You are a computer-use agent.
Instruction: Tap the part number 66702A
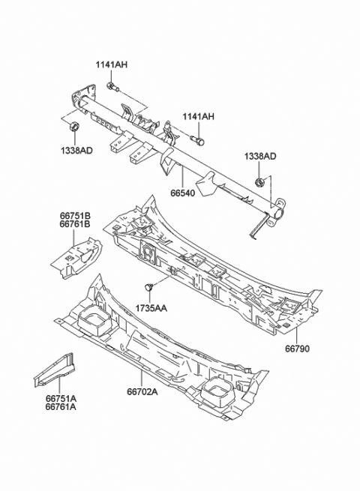tap(141, 391)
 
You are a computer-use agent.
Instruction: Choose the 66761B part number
tap(75, 223)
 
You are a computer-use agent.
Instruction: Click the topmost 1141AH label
tap(111, 65)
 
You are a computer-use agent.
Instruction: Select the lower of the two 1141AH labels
tap(198, 116)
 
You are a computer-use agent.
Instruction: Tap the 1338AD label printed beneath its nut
tap(76, 150)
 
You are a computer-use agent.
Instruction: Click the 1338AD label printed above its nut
tap(259, 156)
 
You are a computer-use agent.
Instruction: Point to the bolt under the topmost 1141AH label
tap(111, 88)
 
